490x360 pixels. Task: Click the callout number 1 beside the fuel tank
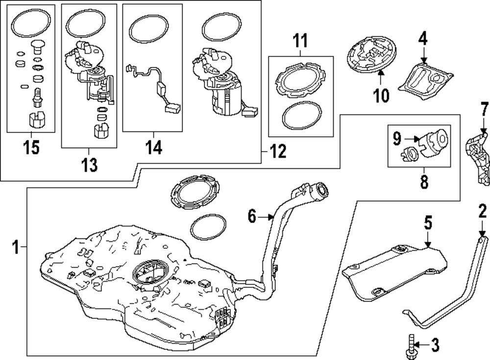15,246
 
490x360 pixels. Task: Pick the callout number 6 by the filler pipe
252,215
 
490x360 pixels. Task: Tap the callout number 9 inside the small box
396,139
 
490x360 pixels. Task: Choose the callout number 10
381,95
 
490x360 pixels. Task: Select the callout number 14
153,147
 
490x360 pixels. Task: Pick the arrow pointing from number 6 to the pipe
267,216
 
